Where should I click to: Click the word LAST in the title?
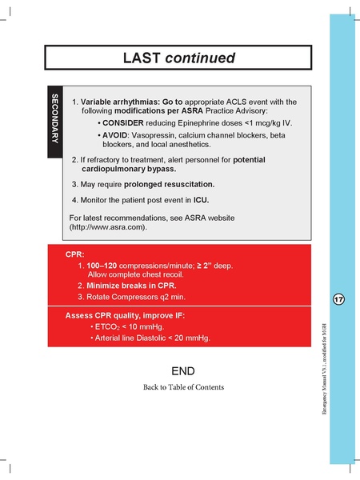[142, 58]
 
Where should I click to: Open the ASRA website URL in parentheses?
[120, 227]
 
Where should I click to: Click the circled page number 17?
[338, 299]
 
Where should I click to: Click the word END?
[183, 372]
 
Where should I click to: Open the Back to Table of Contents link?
[183, 387]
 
